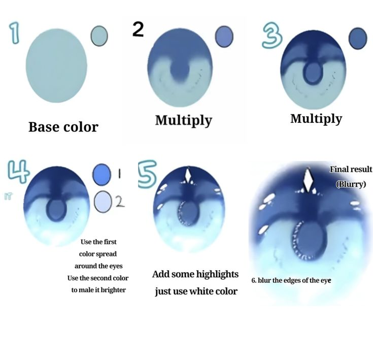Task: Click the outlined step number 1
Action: point(15,34)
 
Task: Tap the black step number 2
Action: point(138,29)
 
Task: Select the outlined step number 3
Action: point(272,37)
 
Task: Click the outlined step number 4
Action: point(19,171)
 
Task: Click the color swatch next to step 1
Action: point(99,36)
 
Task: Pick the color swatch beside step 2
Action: point(224,37)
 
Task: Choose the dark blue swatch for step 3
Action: point(358,38)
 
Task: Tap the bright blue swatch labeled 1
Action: point(102,174)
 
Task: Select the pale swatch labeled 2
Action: point(103,202)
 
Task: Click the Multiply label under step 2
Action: point(184,121)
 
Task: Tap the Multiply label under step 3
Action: point(316,118)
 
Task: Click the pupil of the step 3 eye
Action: point(313,72)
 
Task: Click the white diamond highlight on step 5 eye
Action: point(188,176)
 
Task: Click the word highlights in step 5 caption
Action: point(217,274)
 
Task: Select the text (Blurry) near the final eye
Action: point(351,184)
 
